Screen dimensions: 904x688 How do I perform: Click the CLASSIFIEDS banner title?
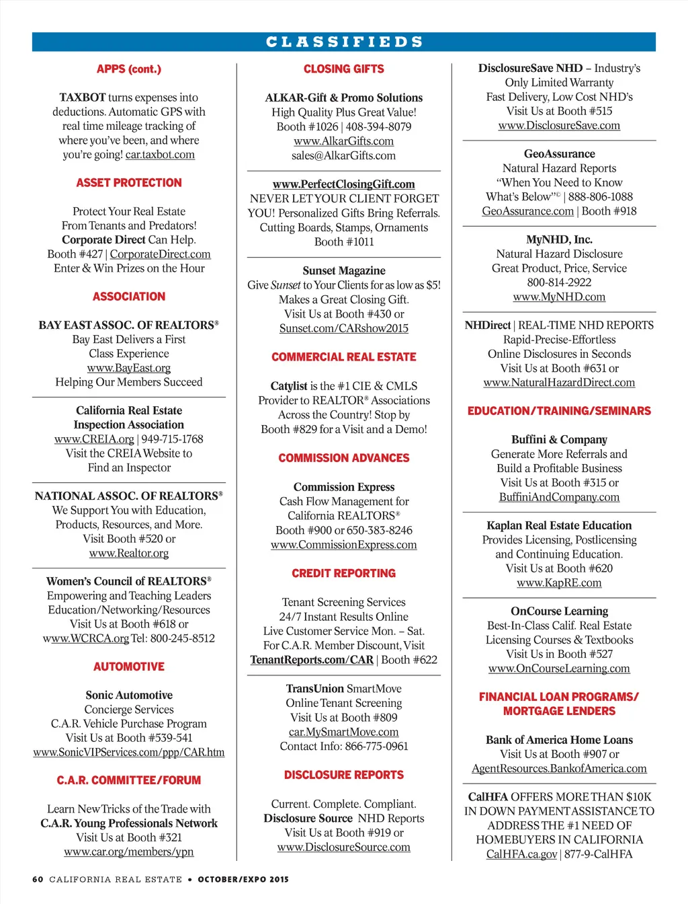tap(344, 42)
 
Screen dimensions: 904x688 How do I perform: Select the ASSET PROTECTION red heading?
tap(129, 183)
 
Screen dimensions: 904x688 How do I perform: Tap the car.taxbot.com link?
tap(160, 155)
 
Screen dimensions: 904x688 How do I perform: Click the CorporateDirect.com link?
tap(160, 254)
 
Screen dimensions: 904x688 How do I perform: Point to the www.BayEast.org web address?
tap(129, 368)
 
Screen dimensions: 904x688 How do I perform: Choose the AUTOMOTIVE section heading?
tap(129, 667)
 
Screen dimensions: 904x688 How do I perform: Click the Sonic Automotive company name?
tap(129, 695)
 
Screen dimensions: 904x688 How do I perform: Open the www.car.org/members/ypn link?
tap(129, 852)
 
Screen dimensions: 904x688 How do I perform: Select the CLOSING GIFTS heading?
tap(344, 69)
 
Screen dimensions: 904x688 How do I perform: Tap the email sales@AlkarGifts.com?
tap(344, 155)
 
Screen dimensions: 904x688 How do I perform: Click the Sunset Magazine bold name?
tap(344, 270)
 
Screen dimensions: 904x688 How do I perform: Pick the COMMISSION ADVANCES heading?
tap(344, 458)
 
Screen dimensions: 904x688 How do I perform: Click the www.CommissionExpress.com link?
tap(344, 545)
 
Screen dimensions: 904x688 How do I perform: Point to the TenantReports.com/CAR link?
tap(312, 660)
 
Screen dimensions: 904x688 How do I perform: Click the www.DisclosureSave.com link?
tap(559, 126)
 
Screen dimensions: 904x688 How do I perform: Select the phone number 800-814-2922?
tap(559, 282)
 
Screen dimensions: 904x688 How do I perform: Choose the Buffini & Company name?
tap(559, 439)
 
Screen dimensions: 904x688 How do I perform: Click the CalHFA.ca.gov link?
tap(521, 854)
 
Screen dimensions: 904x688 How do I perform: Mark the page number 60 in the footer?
tap(38, 879)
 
